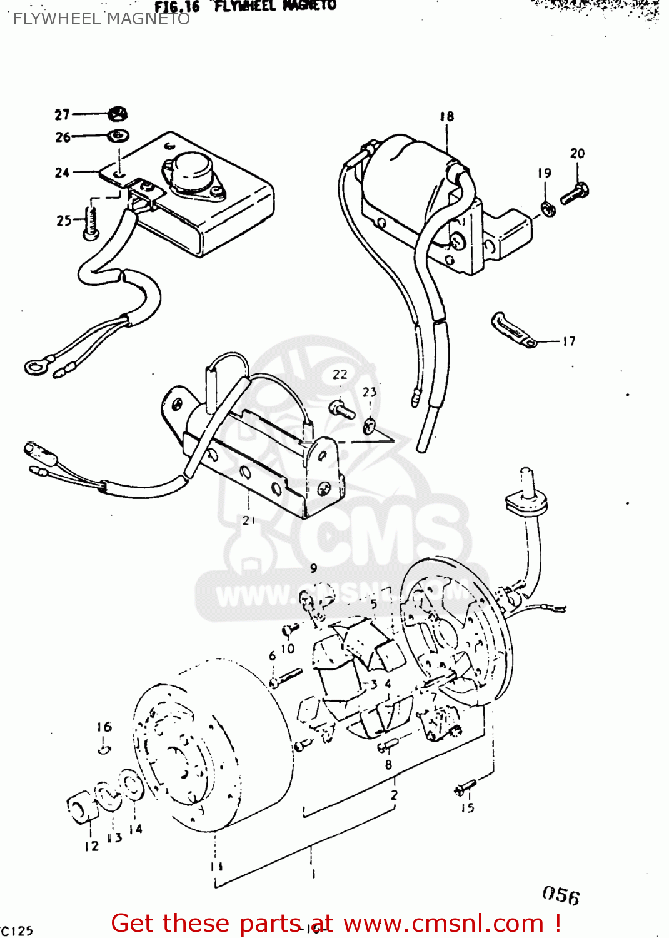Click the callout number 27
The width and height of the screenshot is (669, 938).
(x=62, y=114)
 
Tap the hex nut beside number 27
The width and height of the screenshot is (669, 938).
(x=117, y=114)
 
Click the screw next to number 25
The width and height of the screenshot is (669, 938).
(x=91, y=223)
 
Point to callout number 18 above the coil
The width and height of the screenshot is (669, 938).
(x=446, y=117)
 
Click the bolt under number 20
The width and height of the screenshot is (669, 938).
(x=574, y=194)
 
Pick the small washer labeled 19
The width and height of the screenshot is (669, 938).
(x=548, y=208)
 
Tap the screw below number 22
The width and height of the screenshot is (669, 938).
(x=341, y=409)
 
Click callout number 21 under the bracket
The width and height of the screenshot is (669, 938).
(x=249, y=520)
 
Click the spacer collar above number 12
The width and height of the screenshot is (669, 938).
(x=82, y=809)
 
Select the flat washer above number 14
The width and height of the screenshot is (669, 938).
(x=132, y=784)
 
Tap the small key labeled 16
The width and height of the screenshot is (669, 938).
(x=104, y=747)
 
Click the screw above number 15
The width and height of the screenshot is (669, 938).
(x=465, y=787)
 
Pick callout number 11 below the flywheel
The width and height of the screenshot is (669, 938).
(x=216, y=867)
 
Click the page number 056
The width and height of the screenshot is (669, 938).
(x=561, y=895)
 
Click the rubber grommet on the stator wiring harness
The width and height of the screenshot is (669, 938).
(x=526, y=499)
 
